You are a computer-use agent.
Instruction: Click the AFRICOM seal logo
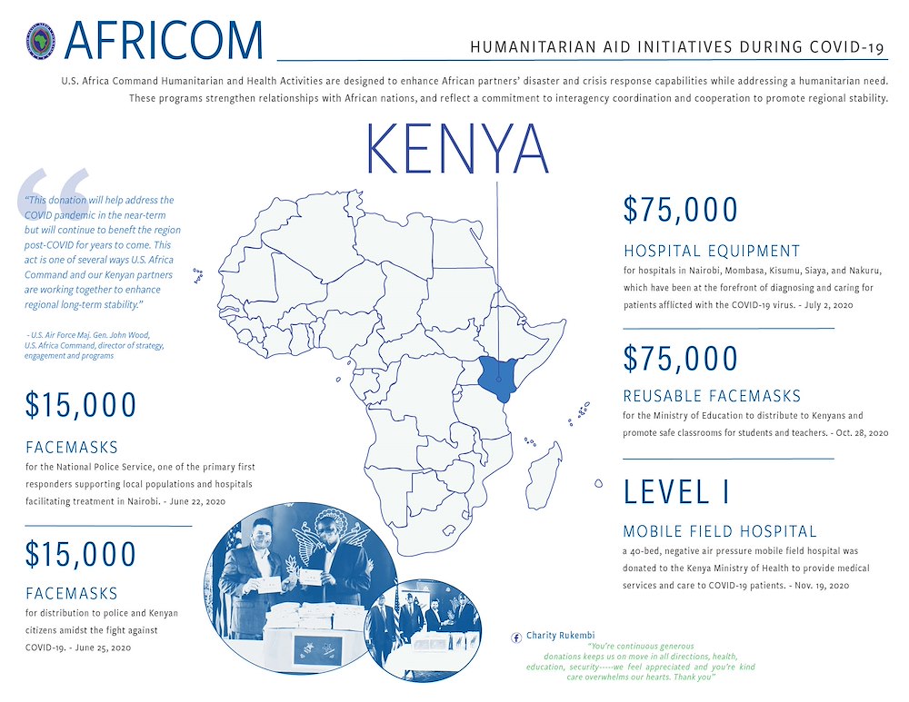click(x=42, y=42)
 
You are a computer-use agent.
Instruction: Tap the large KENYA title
click(x=457, y=151)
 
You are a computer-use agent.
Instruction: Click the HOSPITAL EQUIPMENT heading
click(x=712, y=252)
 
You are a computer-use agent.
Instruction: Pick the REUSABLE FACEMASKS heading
click(x=712, y=396)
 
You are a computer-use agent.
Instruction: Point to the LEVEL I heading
click(x=677, y=491)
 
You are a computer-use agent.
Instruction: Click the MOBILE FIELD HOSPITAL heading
click(x=720, y=531)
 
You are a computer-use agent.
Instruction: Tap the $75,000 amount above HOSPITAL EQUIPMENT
click(x=681, y=210)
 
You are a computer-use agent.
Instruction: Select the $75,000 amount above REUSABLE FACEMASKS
click(x=681, y=358)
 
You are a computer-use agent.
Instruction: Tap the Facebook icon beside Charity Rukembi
click(x=517, y=636)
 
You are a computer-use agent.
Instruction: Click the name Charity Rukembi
click(x=560, y=636)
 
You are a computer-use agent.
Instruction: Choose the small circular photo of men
click(x=424, y=627)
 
